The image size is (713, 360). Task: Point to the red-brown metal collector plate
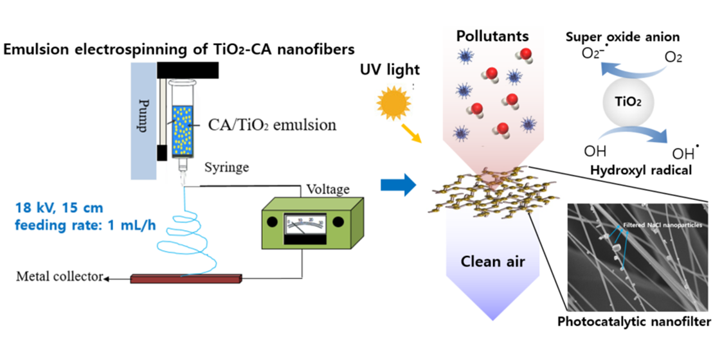(186, 279)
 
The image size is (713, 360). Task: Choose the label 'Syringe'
(223, 168)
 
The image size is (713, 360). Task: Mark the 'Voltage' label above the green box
(328, 190)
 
